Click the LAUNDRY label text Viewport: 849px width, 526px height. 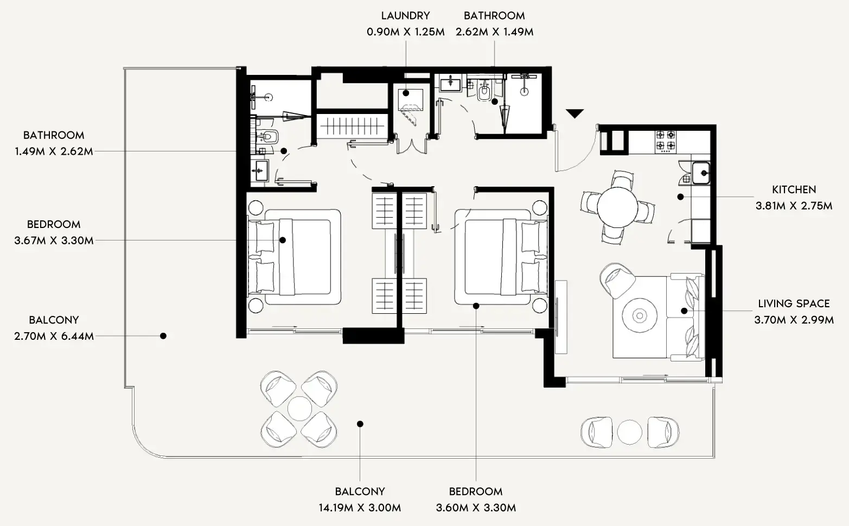[405, 16]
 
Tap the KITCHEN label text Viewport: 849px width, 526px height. [794, 189]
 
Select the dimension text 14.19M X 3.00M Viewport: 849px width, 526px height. [360, 508]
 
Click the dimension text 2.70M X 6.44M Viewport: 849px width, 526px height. [54, 336]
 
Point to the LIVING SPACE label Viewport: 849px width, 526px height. [794, 303]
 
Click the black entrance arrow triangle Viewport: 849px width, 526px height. [575, 113]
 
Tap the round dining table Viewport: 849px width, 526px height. [617, 207]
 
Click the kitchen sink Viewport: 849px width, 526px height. [701, 173]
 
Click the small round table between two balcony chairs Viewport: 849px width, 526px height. [629, 433]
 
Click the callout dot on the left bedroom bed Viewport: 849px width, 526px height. [283, 240]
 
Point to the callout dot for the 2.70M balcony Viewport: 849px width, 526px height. [163, 336]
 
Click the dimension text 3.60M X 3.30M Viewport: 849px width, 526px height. [476, 508]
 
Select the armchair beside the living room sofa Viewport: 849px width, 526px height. [618, 280]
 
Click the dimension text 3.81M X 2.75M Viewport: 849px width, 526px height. [794, 206]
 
